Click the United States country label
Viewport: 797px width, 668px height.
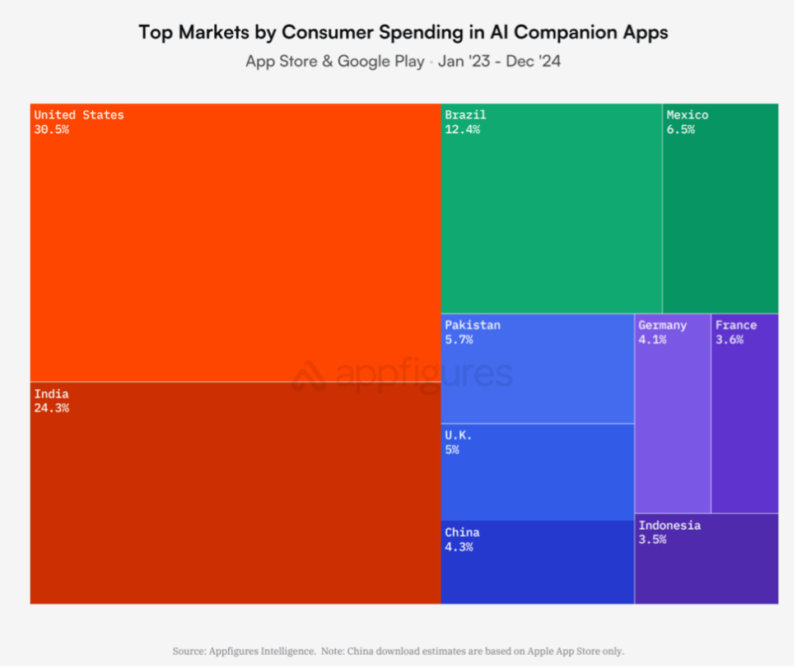click(79, 115)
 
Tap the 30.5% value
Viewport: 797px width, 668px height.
click(51, 129)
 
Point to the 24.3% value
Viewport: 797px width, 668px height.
click(51, 408)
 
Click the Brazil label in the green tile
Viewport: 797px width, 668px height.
click(465, 115)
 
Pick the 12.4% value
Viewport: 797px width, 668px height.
click(462, 129)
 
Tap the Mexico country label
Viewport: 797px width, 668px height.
click(687, 115)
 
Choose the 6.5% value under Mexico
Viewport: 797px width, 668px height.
click(680, 129)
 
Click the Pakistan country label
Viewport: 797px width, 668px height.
click(472, 325)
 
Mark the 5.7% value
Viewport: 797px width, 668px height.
click(459, 339)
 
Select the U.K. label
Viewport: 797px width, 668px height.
click(459, 435)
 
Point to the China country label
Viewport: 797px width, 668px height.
click(462, 532)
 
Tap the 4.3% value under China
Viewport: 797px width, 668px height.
click(459, 546)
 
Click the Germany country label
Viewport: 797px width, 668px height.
click(662, 325)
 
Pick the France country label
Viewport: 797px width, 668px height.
click(735, 325)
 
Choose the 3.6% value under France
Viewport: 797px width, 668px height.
click(729, 339)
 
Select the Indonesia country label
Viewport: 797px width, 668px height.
click(669, 526)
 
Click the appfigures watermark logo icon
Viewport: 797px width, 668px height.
click(310, 375)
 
